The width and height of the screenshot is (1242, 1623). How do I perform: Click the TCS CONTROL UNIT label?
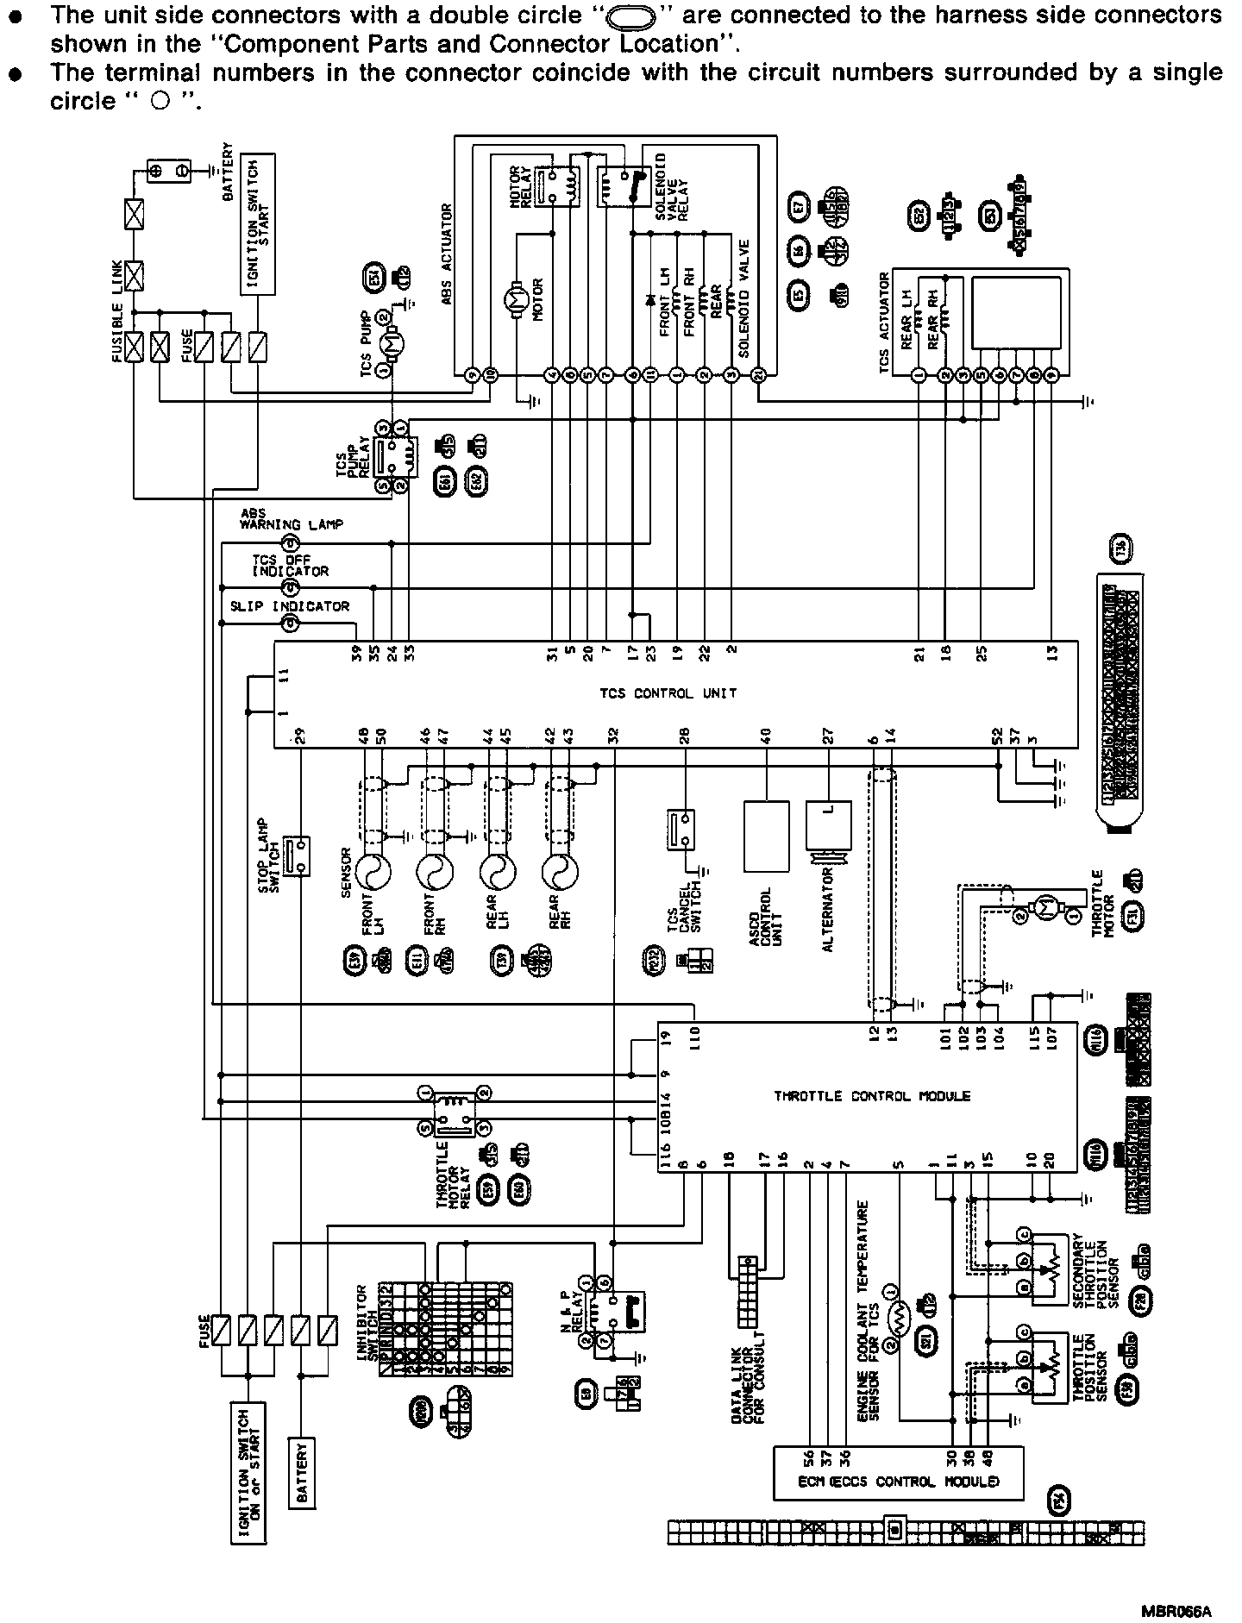click(668, 692)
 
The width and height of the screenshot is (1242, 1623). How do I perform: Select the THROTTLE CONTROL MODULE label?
click(871, 1096)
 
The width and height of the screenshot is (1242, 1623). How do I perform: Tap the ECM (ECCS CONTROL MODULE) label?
click(897, 1482)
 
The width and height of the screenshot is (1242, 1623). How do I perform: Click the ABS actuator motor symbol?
click(518, 300)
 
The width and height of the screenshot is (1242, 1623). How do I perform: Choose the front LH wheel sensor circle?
click(374, 874)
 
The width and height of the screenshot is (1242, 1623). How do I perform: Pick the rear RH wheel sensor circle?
click(561, 874)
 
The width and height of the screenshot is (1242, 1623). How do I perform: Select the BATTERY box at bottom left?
click(301, 1481)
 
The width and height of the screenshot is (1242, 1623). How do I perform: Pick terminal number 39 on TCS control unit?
click(356, 653)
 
